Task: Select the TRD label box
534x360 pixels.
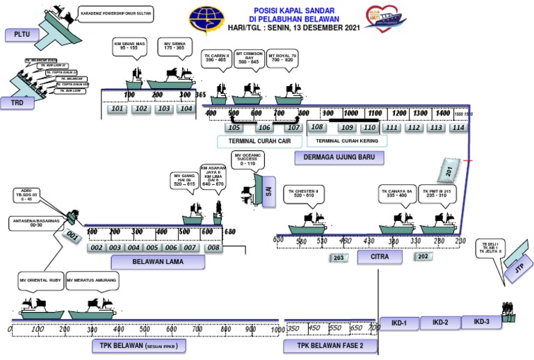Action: point(17,102)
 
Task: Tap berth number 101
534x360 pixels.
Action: point(118,108)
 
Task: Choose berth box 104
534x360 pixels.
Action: point(186,108)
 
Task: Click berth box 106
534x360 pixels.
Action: point(264,127)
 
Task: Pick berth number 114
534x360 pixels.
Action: point(457,127)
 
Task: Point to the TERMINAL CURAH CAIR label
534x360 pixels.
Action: point(259,141)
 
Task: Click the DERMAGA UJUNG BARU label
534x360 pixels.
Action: point(339,157)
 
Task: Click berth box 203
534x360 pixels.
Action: point(339,258)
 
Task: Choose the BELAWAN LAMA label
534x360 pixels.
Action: point(159,261)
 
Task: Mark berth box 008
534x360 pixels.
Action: point(213,247)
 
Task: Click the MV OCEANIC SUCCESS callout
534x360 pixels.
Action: point(248,160)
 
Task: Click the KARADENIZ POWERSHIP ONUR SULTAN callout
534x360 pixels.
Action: point(115,13)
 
